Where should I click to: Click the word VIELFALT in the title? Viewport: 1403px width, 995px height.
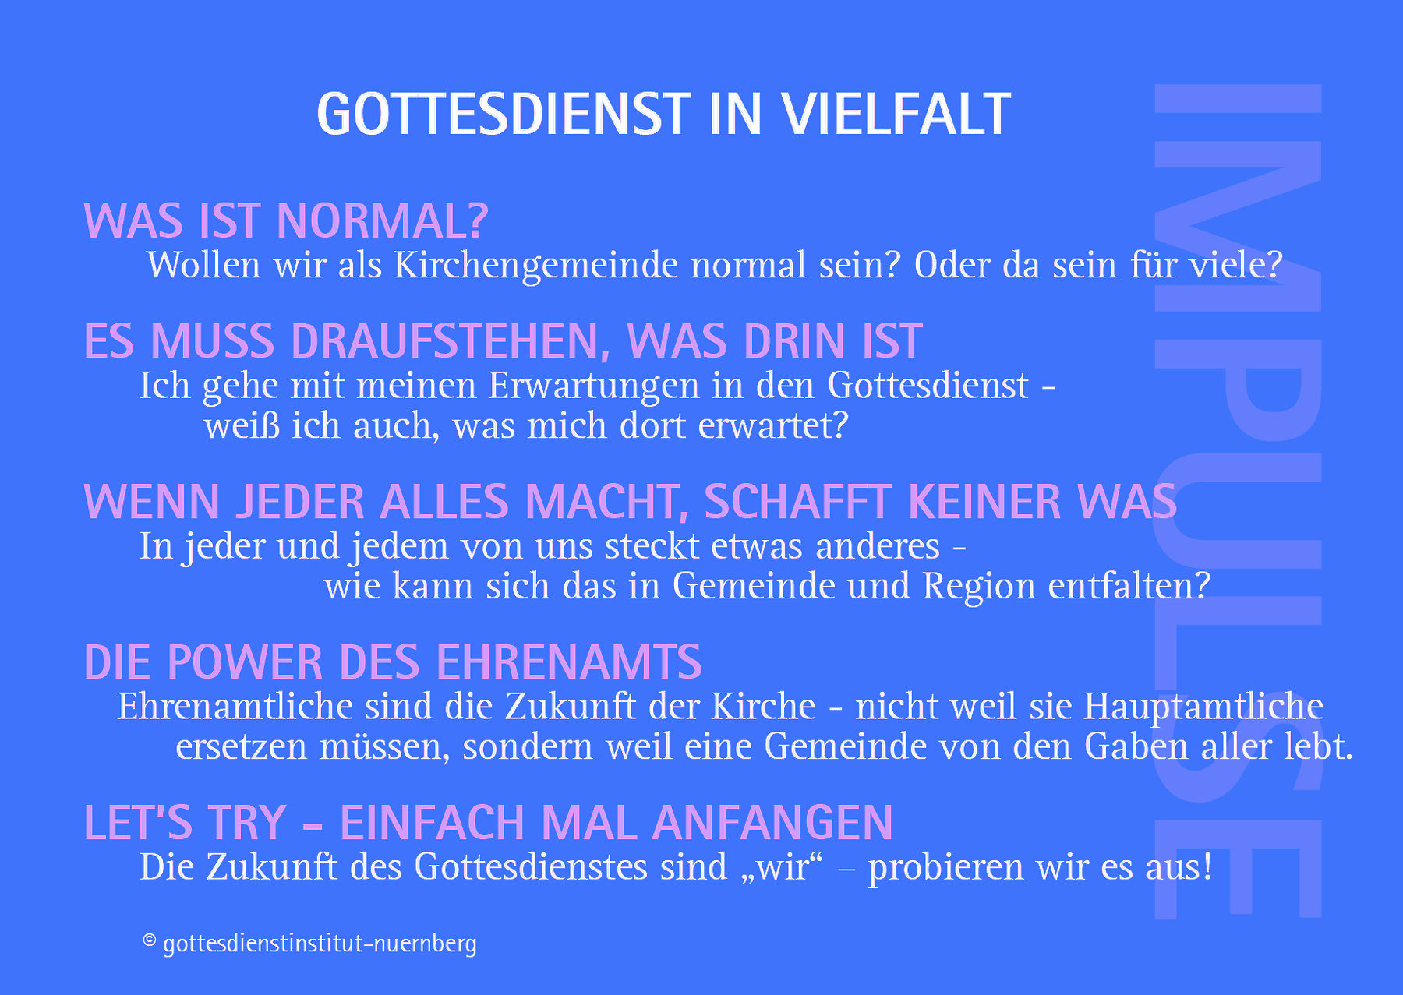tap(897, 115)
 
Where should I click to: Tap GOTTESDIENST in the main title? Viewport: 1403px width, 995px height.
tap(504, 115)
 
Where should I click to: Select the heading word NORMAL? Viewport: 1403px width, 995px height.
tap(383, 221)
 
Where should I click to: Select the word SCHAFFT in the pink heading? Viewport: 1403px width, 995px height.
tap(797, 501)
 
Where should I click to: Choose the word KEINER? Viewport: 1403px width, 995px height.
tap(985, 501)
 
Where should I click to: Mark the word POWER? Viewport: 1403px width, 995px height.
tap(245, 662)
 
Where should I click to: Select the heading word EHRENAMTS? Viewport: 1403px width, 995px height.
tap(569, 662)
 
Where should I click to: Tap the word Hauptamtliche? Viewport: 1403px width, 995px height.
tap(1203, 707)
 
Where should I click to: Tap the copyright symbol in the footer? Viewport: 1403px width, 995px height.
tap(150, 940)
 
